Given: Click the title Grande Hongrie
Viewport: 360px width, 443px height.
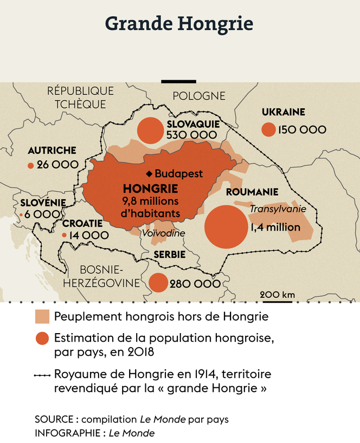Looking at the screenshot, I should (x=179, y=24).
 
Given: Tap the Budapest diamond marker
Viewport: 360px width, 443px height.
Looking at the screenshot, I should (x=149, y=174).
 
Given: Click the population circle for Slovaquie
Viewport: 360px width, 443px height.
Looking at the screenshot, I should (x=151, y=131).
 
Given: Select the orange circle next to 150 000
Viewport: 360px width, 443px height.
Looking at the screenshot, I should (x=268, y=129).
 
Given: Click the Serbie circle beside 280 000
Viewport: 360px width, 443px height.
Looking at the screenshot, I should (x=158, y=283).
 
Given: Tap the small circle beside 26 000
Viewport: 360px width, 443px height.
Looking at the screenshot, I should (x=30, y=165).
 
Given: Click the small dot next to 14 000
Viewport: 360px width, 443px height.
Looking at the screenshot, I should (x=65, y=235).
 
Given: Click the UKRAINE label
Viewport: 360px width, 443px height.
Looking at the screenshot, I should (x=283, y=113).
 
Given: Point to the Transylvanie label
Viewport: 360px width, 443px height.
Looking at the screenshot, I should (x=278, y=209).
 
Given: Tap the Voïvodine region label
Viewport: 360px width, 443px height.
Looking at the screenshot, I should (x=163, y=233).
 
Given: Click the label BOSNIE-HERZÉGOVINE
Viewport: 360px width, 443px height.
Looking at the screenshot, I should (x=101, y=276).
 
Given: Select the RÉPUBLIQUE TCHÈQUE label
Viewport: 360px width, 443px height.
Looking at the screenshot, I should (x=80, y=97).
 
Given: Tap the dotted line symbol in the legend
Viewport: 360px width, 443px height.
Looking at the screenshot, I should (x=42, y=374).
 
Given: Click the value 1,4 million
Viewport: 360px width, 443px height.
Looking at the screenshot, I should (x=275, y=227).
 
